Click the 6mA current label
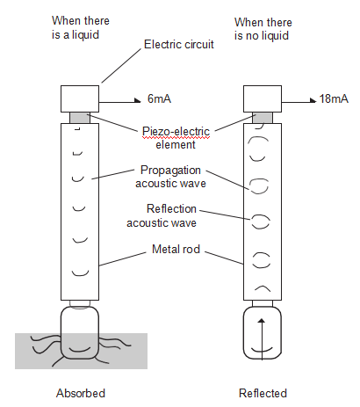(x=159, y=98)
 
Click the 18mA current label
(x=334, y=98)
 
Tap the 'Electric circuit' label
(x=179, y=44)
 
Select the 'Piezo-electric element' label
(x=176, y=138)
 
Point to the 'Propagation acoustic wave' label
(x=170, y=177)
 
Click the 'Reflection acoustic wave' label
(x=162, y=216)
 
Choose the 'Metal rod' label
(x=176, y=249)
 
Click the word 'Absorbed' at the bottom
(x=81, y=393)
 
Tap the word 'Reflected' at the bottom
(x=263, y=393)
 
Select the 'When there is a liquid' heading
(x=81, y=27)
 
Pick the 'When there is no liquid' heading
(x=263, y=29)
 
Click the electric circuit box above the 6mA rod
(x=80, y=98)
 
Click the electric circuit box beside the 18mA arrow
(x=263, y=98)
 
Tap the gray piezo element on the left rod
(x=80, y=118)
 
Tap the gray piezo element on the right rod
(x=263, y=118)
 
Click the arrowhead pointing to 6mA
(x=138, y=100)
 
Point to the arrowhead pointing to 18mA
(x=313, y=100)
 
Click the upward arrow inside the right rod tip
(x=262, y=339)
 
